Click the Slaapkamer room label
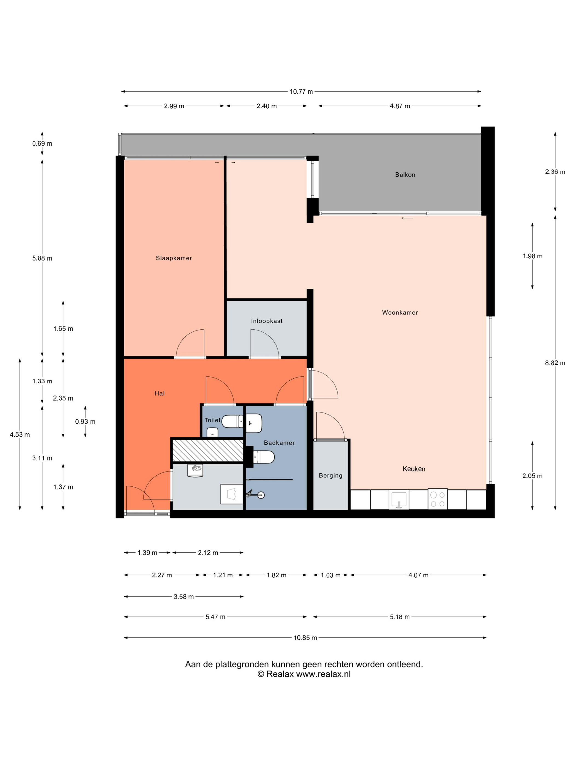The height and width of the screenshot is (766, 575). point(174,258)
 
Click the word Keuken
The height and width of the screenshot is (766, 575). point(414,469)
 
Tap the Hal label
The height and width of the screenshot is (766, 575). point(159,393)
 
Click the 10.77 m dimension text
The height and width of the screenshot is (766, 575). point(301,92)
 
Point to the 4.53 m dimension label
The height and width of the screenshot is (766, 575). point(20,435)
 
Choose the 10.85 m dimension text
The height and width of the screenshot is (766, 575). point(305,638)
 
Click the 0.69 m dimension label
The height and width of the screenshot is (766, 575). point(42,144)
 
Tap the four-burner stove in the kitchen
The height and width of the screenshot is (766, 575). point(437,499)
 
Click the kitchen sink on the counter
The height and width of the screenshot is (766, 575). point(399,500)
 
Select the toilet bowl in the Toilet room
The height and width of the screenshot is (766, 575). point(232,422)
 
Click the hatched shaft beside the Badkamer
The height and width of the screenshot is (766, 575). point(208,450)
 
